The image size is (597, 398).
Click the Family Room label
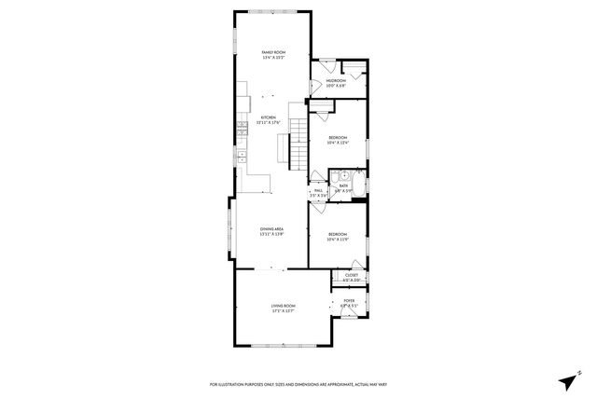[271, 54]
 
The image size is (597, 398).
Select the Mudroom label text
[337, 84]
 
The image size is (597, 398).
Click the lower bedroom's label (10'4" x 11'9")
[337, 236]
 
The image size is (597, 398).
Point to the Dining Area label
[271, 230]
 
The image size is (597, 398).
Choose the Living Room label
[284, 309]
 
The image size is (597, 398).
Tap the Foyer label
[348, 303]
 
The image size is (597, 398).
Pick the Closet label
[352, 277]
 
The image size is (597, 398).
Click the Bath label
[342, 187]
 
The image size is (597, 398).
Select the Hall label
[318, 193]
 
